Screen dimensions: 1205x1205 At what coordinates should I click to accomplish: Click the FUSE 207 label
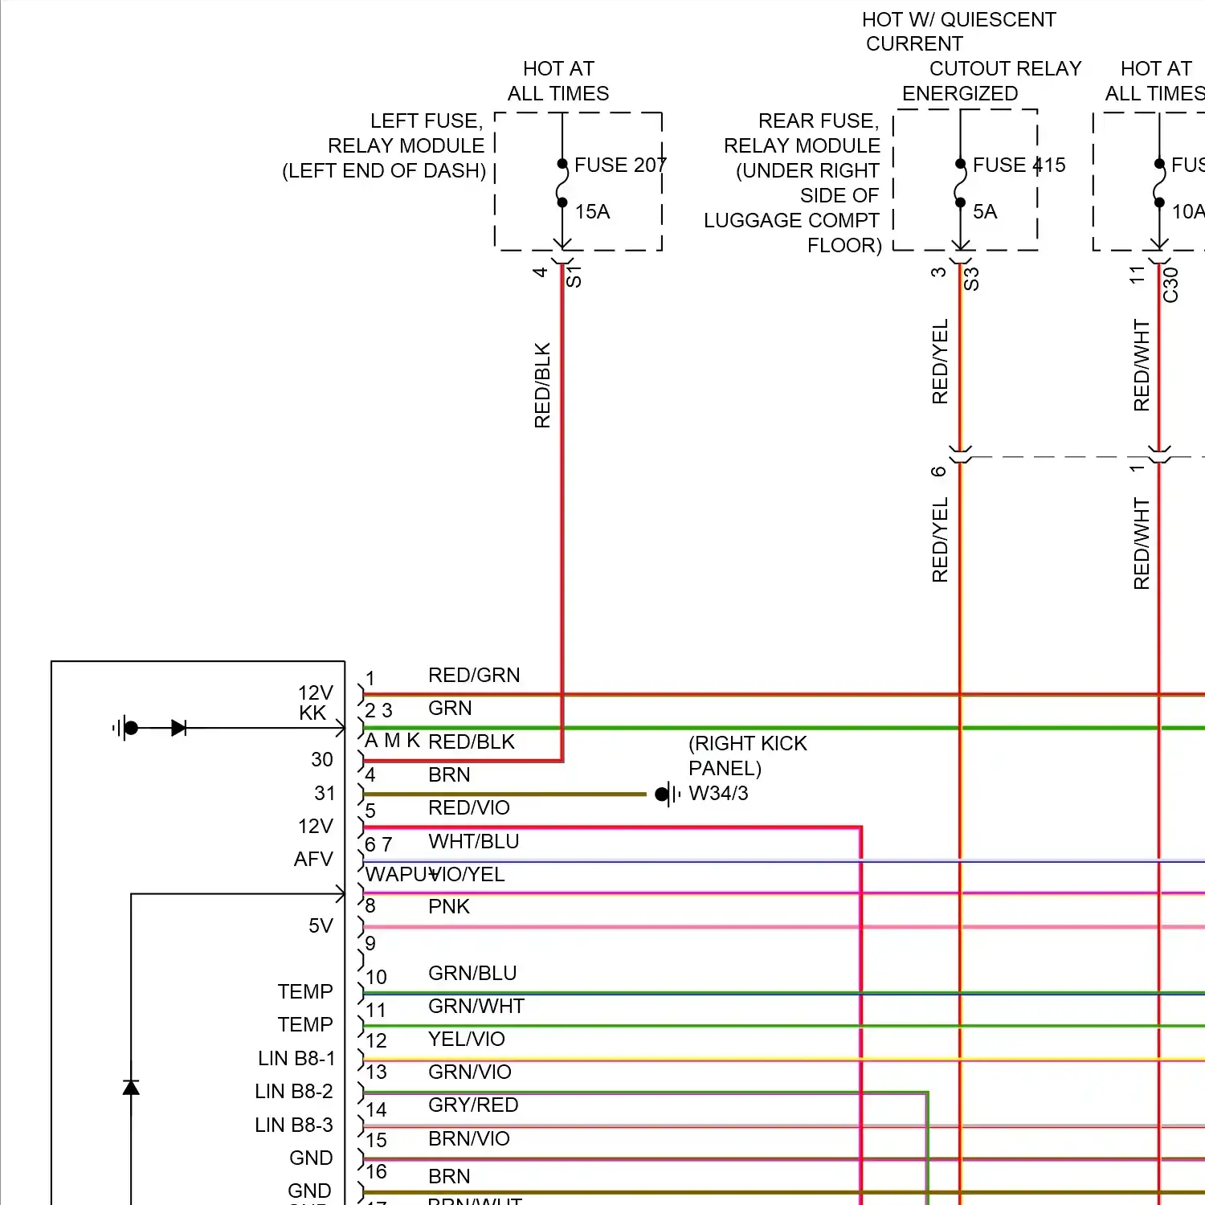619,165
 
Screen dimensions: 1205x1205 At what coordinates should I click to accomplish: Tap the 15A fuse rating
592,211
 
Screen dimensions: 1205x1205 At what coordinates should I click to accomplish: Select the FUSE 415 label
1019,165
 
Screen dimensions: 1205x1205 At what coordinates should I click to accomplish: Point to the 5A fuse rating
984,211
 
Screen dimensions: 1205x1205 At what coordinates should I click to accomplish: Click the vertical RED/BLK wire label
542,385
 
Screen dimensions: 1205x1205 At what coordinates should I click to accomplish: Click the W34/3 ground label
718,793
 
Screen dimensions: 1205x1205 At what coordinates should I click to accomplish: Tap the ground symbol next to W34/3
666,794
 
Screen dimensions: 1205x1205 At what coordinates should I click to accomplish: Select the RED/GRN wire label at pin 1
473,675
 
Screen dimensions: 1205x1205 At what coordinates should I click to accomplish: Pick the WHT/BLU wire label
473,841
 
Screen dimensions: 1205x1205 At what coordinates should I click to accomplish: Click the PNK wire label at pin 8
448,906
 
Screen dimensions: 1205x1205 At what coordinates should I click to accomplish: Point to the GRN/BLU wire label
472,973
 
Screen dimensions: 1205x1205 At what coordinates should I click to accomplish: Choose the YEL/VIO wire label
466,1039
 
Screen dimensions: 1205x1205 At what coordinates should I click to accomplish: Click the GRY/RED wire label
472,1105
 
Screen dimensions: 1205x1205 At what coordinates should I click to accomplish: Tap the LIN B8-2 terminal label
293,1091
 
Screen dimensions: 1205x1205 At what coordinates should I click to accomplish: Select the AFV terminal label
312,859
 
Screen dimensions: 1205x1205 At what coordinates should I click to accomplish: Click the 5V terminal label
320,925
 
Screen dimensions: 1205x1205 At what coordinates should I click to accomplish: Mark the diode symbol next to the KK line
178,728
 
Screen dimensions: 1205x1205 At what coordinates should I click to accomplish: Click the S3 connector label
971,279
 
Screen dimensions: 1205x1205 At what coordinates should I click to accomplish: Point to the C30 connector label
1170,284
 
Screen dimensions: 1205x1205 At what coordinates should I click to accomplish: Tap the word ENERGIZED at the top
959,93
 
